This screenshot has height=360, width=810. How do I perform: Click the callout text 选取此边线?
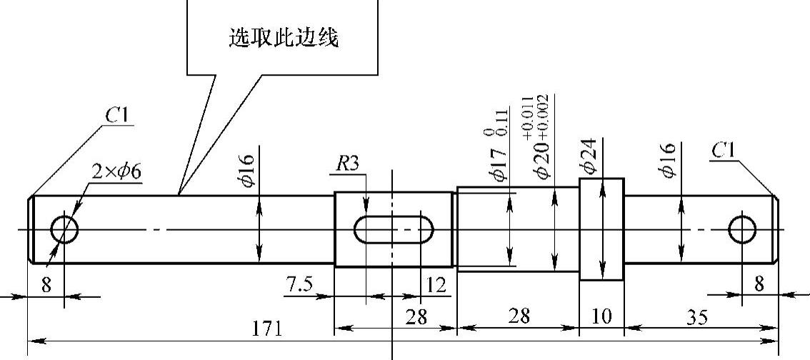coord(283,38)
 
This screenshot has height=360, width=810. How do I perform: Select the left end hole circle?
coord(64,229)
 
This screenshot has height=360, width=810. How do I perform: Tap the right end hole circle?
coord(742,229)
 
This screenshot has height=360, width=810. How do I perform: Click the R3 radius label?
coord(348,164)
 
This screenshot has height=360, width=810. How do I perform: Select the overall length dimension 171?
coord(267,330)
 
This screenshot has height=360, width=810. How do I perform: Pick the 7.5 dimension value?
coord(299,285)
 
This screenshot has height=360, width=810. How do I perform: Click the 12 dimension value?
coord(436,286)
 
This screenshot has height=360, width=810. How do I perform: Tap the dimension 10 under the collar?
coord(601,316)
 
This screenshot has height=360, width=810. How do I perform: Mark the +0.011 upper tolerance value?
coord(528,116)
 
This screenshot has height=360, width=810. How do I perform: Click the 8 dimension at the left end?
coord(46,285)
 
